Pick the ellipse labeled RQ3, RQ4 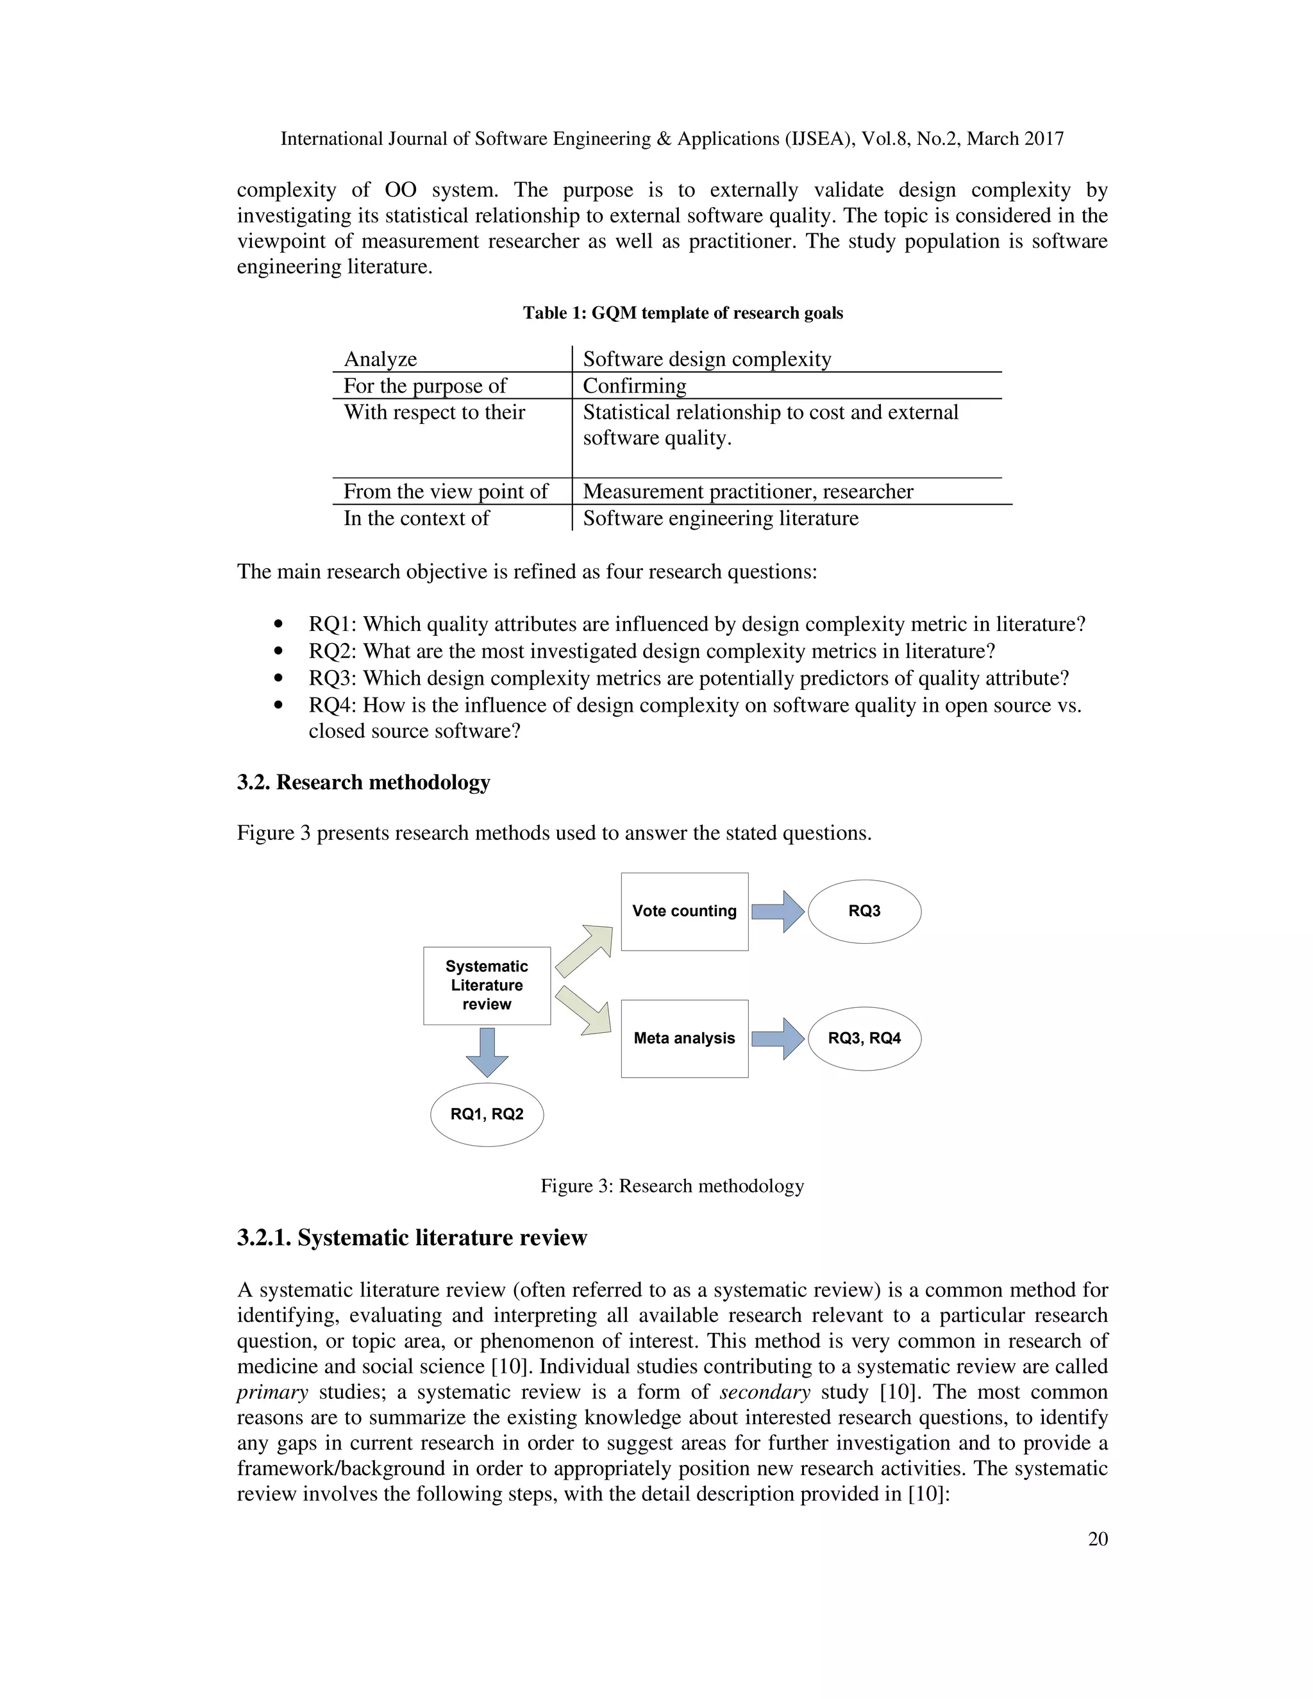tap(864, 1038)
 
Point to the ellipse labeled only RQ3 tap(864, 911)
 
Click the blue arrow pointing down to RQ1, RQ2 tap(487, 1051)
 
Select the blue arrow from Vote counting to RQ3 tap(778, 911)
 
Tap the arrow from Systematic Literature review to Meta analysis tap(583, 1010)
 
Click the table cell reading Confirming tap(635, 386)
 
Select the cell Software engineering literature tap(720, 518)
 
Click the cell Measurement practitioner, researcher tap(748, 492)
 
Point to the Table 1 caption tap(682, 313)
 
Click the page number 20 tap(1098, 1538)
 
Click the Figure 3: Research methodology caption tap(672, 1185)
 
